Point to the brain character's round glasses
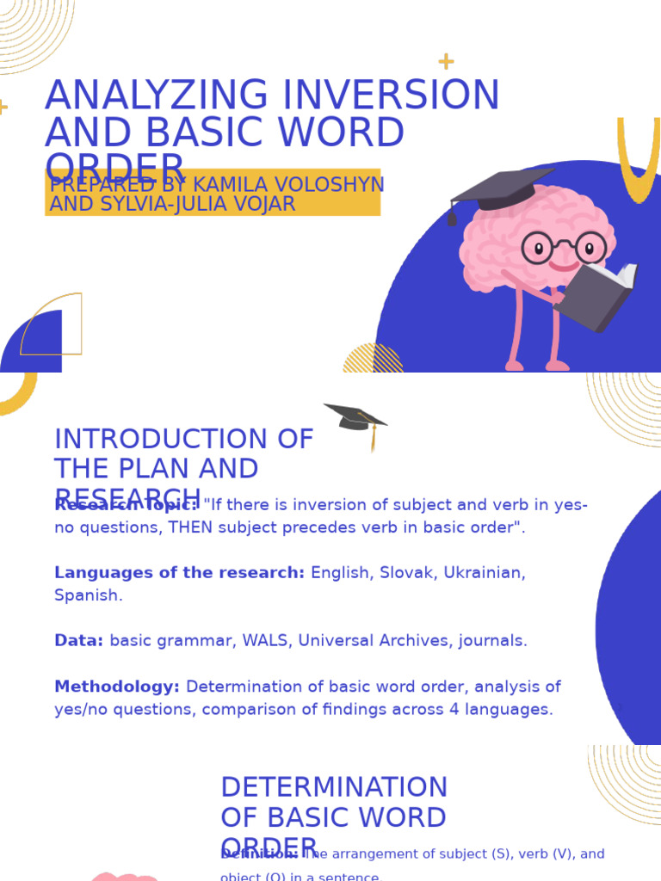(x=564, y=248)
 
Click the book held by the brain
(x=598, y=297)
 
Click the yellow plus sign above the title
(x=446, y=61)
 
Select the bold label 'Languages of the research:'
(x=179, y=573)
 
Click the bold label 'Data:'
(x=78, y=641)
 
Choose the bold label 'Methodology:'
(x=117, y=687)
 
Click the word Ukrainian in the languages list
(x=485, y=573)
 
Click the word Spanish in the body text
(x=88, y=595)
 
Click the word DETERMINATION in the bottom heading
(x=334, y=787)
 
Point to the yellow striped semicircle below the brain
(x=373, y=360)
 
